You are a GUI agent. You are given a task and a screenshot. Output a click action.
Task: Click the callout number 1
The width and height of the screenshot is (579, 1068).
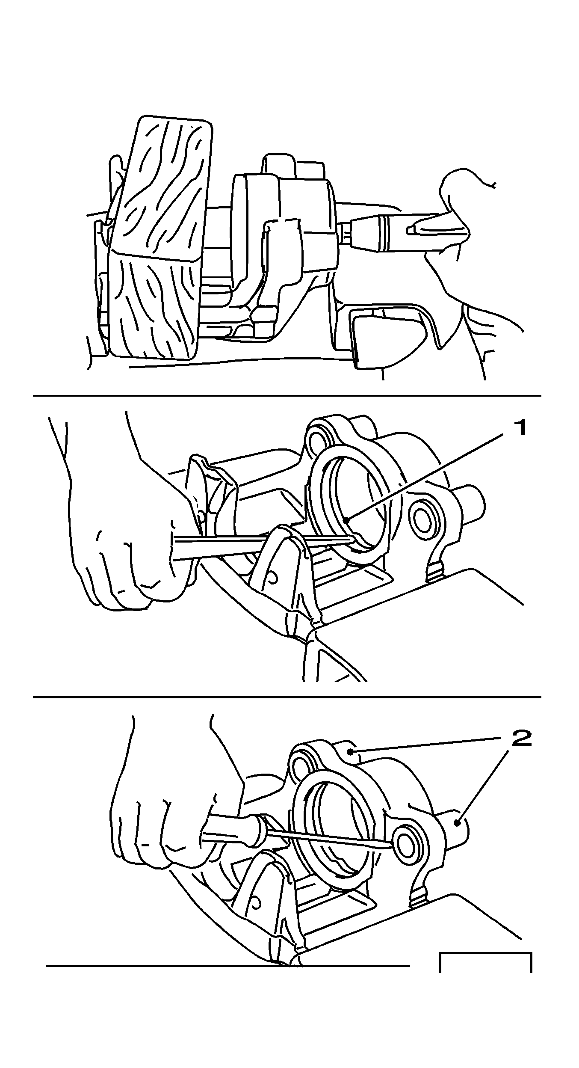pyautogui.click(x=520, y=428)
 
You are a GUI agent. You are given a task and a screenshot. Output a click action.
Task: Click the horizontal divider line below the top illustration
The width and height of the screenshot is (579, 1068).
pyautogui.click(x=287, y=396)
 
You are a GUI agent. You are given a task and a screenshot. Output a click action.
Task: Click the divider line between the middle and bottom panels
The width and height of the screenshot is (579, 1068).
pyautogui.click(x=287, y=697)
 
